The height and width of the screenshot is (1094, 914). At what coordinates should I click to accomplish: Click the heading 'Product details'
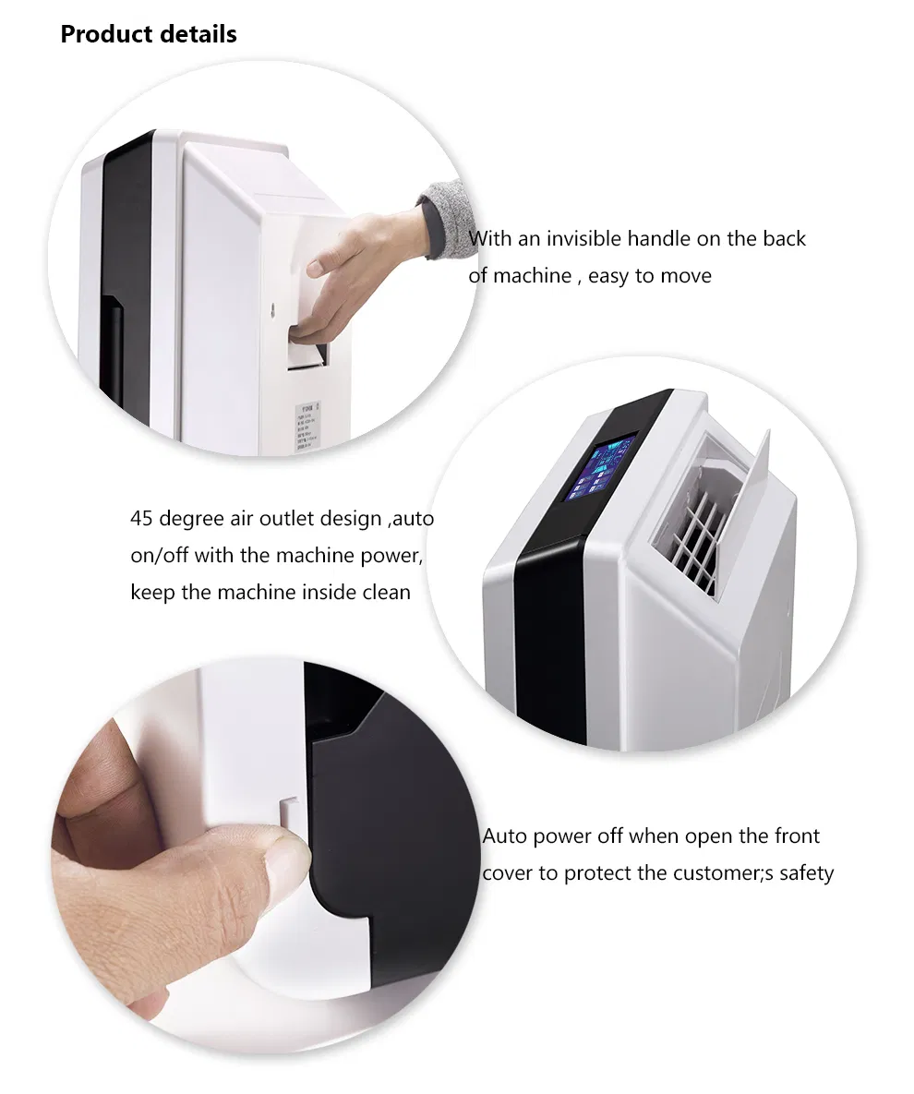(149, 35)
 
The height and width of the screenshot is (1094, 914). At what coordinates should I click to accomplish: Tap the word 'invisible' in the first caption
(584, 239)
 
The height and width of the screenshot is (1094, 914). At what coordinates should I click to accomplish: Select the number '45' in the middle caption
(142, 518)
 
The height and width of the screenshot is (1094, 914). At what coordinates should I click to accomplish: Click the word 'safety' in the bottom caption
(806, 873)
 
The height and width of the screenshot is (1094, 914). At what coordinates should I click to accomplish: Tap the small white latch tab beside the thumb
(289, 811)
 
